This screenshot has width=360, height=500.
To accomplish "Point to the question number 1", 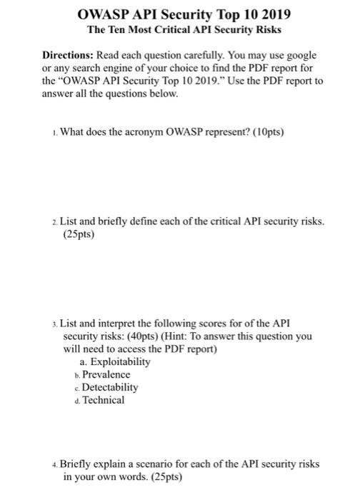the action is point(54,131).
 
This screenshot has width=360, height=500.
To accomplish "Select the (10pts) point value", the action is point(261,131).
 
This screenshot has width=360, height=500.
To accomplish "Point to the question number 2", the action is point(54,222).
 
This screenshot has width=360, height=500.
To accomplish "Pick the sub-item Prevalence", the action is point(106,374).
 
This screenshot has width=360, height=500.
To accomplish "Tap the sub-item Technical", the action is point(104,400).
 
